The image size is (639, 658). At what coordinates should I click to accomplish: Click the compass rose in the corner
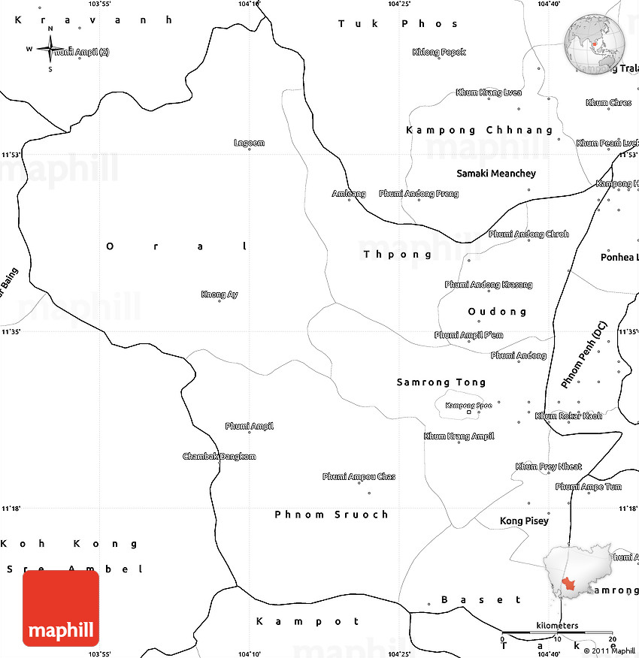tap(50, 50)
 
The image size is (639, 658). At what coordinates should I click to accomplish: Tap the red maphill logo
tap(61, 608)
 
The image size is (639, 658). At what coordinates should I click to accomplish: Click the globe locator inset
tap(594, 43)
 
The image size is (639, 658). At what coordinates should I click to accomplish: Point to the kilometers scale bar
tap(557, 633)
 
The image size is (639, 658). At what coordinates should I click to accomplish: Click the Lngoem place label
tap(249, 143)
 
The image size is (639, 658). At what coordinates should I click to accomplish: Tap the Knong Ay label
tap(220, 294)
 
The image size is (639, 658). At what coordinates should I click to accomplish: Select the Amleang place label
tap(349, 194)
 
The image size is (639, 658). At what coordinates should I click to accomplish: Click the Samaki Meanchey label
tap(496, 174)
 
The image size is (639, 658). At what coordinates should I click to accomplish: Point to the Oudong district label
tap(497, 311)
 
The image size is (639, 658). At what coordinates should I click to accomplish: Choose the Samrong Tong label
tap(441, 382)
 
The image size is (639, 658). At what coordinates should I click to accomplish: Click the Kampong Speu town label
tap(468, 406)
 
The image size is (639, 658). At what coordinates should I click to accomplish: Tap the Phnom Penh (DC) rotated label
tap(583, 355)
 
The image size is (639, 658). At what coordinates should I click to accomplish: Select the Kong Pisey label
tap(524, 521)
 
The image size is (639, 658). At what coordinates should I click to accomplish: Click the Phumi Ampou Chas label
tap(359, 477)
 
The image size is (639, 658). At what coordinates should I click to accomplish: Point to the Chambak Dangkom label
tap(220, 457)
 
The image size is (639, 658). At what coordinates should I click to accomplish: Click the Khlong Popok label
tap(439, 53)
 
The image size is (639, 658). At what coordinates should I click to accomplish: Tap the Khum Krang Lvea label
tap(489, 92)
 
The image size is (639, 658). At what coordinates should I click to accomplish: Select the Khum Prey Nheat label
tap(548, 466)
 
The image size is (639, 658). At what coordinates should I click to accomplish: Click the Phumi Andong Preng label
tap(419, 194)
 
